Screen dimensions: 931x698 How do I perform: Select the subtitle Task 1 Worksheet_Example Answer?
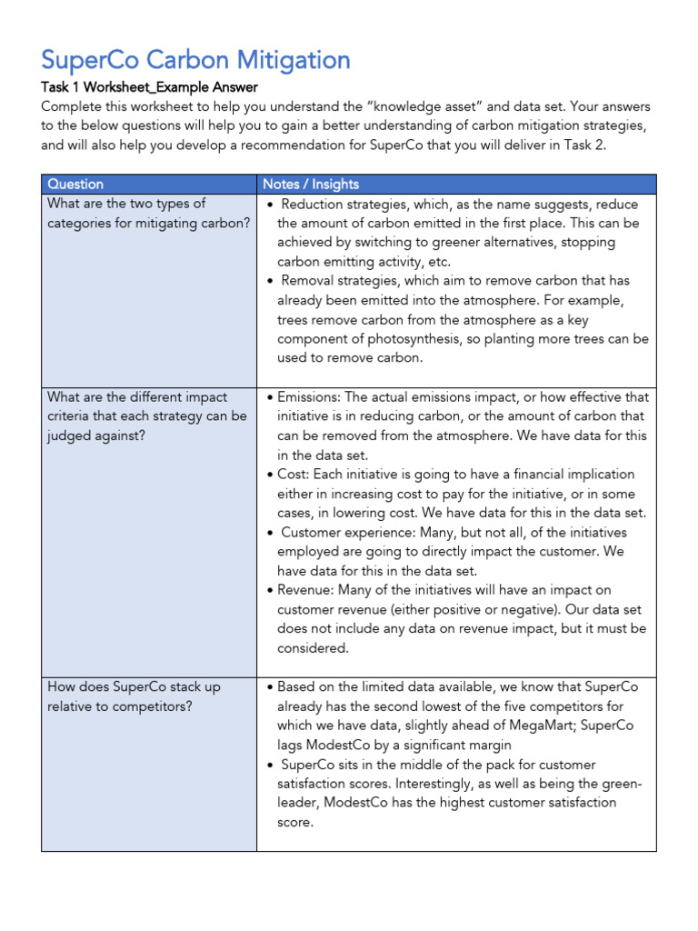149,87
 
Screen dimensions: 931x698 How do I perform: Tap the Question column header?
75,184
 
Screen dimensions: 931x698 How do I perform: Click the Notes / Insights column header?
311,184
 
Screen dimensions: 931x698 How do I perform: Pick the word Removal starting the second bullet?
313,281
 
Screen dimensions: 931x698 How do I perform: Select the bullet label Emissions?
309,397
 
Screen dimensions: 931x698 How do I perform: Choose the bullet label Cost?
295,475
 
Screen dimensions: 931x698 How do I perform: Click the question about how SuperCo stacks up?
134,696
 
